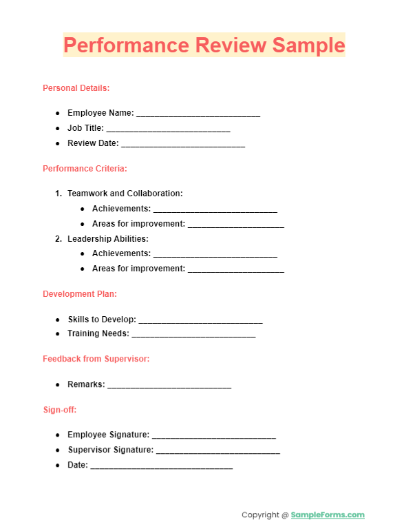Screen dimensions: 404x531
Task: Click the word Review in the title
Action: click(231, 45)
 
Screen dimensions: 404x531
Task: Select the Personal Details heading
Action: click(76, 88)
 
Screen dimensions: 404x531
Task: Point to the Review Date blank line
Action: click(183, 145)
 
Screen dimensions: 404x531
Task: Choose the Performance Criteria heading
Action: click(85, 169)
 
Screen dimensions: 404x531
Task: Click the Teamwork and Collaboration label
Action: click(125, 194)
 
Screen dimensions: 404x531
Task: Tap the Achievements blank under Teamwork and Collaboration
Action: click(215, 209)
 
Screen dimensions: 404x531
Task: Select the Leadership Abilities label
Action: click(107, 239)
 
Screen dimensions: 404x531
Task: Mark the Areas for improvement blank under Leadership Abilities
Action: click(236, 269)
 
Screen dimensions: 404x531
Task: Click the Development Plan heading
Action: click(80, 294)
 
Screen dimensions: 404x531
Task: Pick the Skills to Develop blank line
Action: click(200, 321)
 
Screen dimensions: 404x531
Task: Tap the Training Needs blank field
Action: click(193, 335)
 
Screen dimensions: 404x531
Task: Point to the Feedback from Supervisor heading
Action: click(96, 359)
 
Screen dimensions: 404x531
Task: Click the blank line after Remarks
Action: click(169, 386)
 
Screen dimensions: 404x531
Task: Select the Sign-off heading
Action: click(60, 410)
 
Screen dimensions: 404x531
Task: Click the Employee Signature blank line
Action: click(213, 436)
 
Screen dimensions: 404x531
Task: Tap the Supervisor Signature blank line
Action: click(218, 451)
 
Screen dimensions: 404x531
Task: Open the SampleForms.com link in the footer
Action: click(328, 515)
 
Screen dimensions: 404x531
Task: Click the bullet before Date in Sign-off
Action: click(58, 466)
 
